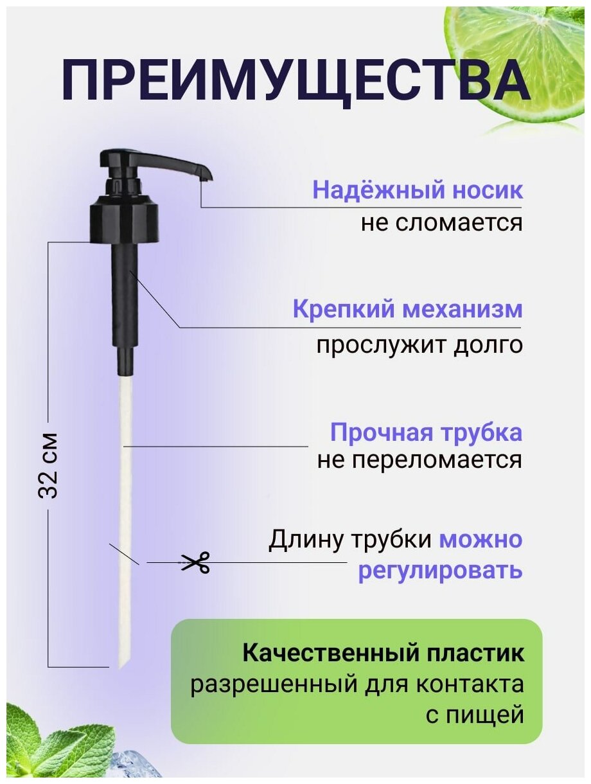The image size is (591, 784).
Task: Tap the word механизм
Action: click(463, 310)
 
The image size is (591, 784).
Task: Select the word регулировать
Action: click(440, 570)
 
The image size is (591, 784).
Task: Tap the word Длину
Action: click(307, 540)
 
